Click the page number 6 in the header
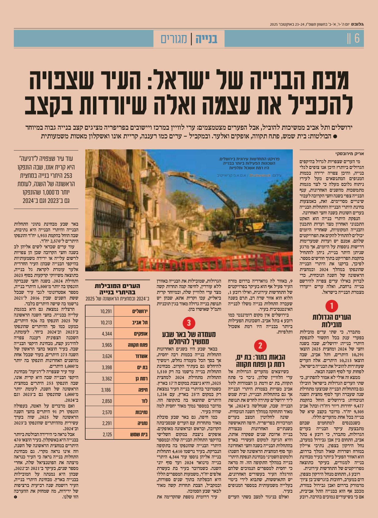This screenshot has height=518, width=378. point(357,38)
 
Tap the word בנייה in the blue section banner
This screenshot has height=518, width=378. point(206,39)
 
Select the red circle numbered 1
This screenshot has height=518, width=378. point(332,306)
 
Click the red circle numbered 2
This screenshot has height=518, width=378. point(260,346)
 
